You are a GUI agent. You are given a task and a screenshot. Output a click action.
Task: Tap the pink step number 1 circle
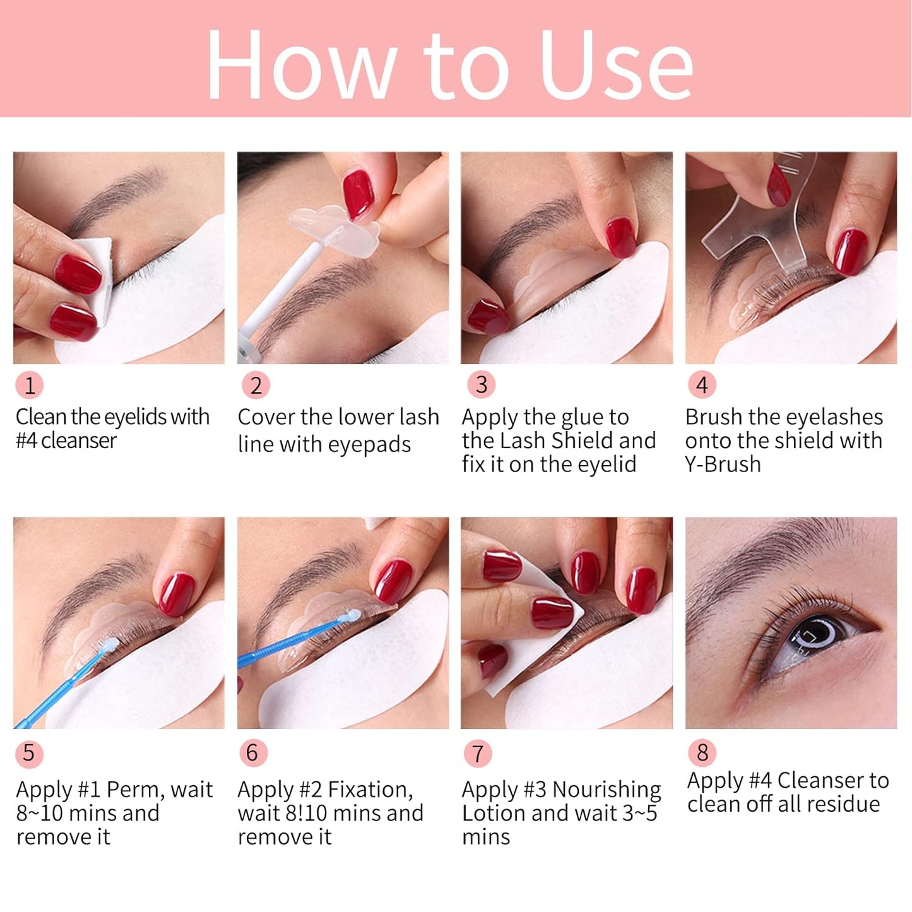(30, 385)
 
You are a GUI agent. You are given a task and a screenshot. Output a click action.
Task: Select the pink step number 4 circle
(702, 385)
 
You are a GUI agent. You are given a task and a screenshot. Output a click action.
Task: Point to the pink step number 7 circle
(478, 753)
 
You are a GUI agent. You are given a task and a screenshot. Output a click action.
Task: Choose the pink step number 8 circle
(702, 752)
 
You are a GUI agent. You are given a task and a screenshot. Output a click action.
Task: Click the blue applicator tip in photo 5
(109, 644)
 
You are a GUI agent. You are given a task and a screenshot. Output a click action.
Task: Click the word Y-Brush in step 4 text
(723, 465)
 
